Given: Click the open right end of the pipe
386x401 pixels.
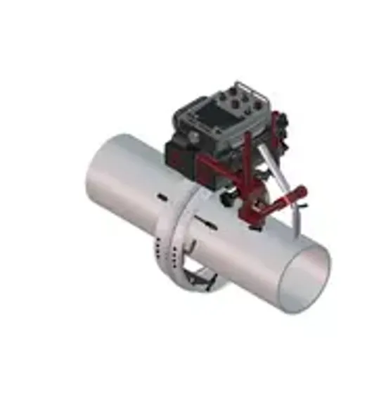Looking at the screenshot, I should click(303, 278).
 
